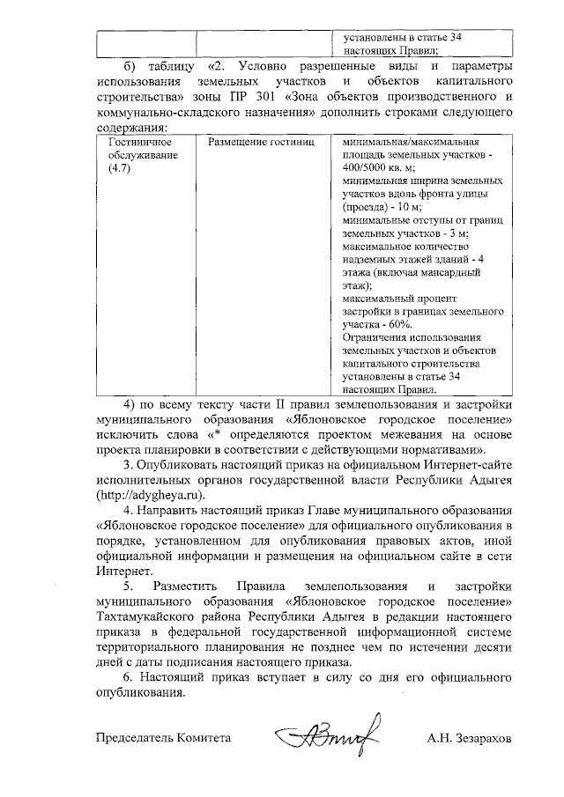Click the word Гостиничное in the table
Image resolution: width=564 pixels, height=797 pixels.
[x=135, y=142]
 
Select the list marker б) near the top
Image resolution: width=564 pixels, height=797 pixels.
[x=130, y=66]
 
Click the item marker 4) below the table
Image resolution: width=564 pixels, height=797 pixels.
[x=131, y=404]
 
